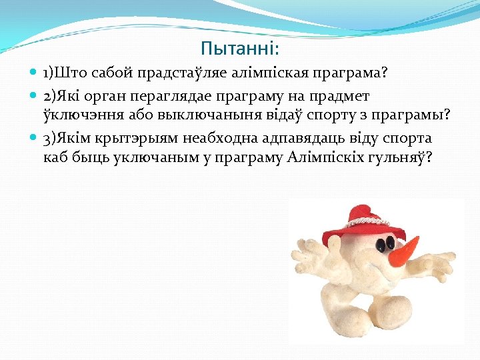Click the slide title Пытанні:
point(240,49)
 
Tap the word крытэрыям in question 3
point(125,139)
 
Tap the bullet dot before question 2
point(33,97)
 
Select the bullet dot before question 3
point(33,139)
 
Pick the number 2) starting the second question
point(49,97)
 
